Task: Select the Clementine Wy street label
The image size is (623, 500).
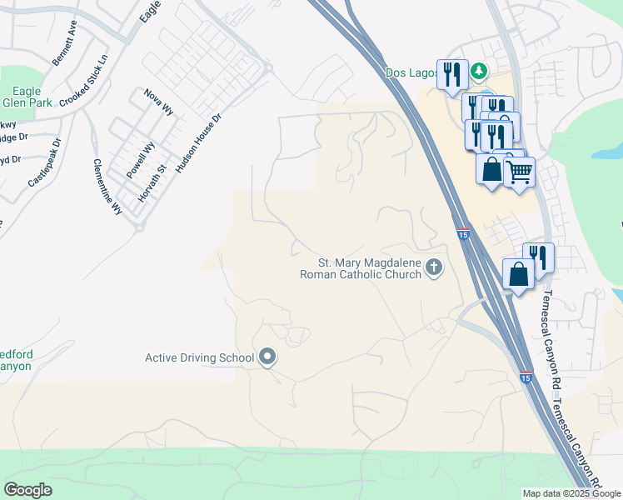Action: [x=107, y=188]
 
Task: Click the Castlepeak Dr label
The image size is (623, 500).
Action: [x=45, y=162]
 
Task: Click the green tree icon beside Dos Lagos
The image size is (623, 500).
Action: [x=480, y=72]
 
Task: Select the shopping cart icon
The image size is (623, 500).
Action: [x=519, y=172]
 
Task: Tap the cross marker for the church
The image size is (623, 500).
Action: [x=433, y=267]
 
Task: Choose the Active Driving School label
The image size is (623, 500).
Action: [x=199, y=358]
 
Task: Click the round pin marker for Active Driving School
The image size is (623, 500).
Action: [x=267, y=358]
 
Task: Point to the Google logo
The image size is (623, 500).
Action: [x=27, y=490]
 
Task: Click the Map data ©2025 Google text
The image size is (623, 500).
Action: [x=571, y=493]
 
